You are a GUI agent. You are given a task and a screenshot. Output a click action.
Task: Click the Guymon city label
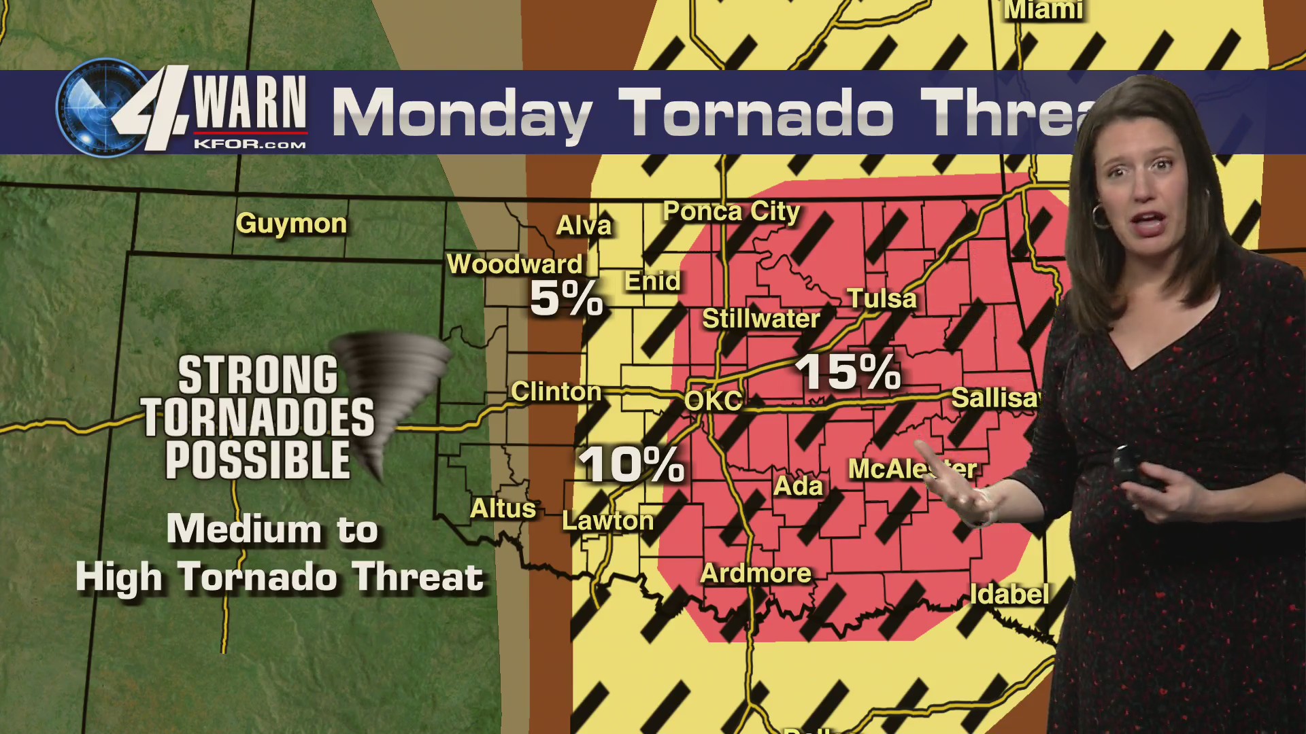pyautogui.click(x=291, y=224)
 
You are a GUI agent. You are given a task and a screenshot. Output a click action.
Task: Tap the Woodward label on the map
pyautogui.click(x=514, y=264)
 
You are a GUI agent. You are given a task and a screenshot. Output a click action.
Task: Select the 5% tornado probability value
pyautogui.click(x=566, y=298)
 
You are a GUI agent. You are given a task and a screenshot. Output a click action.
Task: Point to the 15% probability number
pyautogui.click(x=848, y=372)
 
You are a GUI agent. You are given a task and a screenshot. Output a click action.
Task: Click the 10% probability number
pyautogui.click(x=631, y=465)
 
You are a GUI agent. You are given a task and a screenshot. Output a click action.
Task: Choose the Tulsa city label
pyautogui.click(x=882, y=298)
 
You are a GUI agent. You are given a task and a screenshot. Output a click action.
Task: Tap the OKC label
pyautogui.click(x=713, y=400)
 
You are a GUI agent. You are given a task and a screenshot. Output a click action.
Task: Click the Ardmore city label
pyautogui.click(x=756, y=574)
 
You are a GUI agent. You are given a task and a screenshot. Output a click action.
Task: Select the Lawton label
pyautogui.click(x=607, y=521)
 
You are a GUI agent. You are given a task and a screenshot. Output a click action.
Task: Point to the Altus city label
pyautogui.click(x=503, y=508)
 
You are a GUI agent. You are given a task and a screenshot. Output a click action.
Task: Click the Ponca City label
pyautogui.click(x=731, y=211)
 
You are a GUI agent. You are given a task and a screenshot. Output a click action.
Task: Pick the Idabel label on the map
pyautogui.click(x=1009, y=595)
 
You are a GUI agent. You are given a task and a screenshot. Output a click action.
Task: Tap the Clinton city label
pyautogui.click(x=556, y=391)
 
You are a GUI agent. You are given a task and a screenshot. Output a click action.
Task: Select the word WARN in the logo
pyautogui.click(x=250, y=103)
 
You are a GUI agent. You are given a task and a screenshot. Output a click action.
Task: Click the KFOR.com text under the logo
pyautogui.click(x=250, y=144)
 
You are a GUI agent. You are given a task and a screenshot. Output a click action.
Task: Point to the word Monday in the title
pyautogui.click(x=463, y=114)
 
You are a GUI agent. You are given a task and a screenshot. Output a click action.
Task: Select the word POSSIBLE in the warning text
pyautogui.click(x=258, y=461)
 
